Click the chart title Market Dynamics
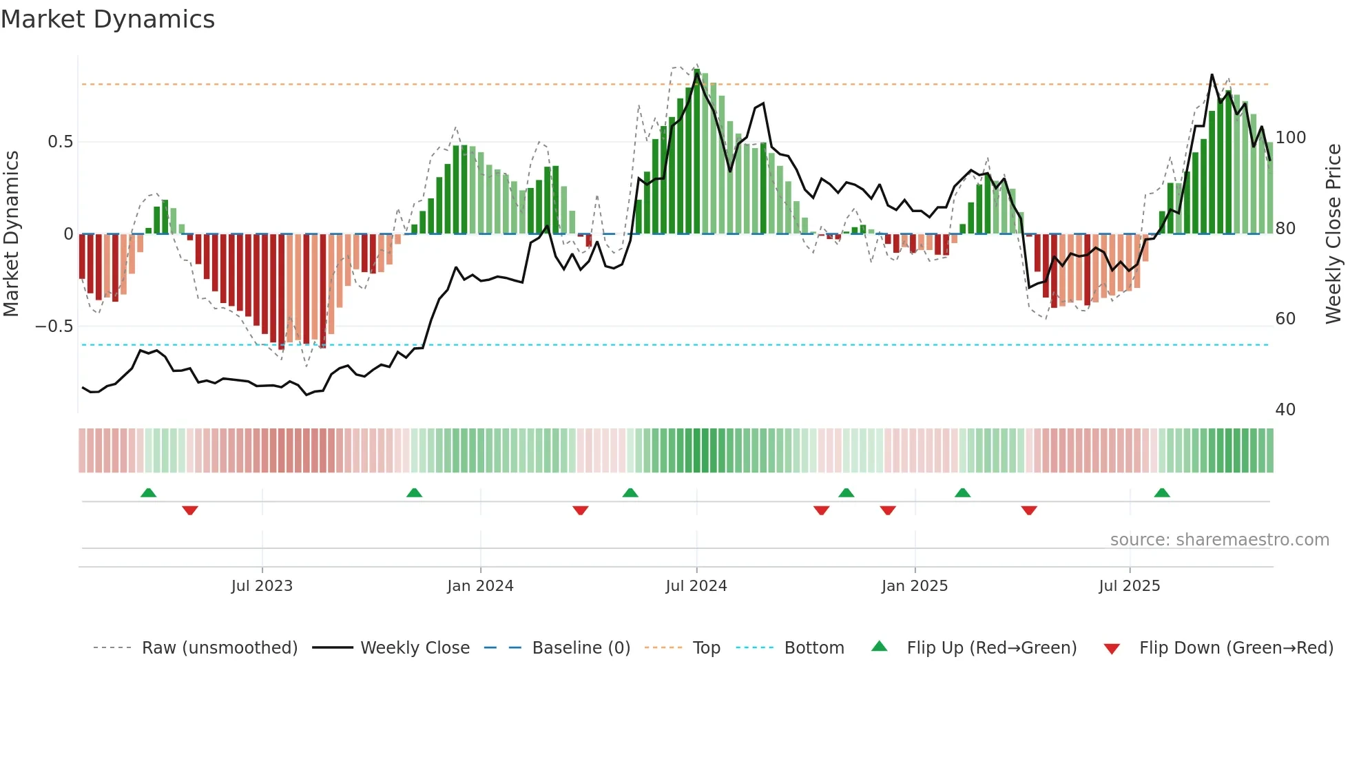(x=107, y=19)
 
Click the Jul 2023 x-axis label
(x=262, y=586)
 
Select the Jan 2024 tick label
(x=480, y=586)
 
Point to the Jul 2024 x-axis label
(x=696, y=586)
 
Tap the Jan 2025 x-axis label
(x=915, y=586)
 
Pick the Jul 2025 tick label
(x=1130, y=586)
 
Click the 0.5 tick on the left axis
(x=61, y=142)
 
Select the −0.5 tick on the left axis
(x=54, y=326)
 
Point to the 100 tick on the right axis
(x=1291, y=138)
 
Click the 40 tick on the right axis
(x=1285, y=410)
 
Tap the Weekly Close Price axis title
(x=1334, y=234)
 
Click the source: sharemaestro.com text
(x=1219, y=540)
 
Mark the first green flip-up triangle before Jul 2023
(x=148, y=492)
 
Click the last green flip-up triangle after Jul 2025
(x=1162, y=492)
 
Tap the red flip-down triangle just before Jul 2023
(x=190, y=510)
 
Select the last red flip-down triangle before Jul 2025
(x=1029, y=510)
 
